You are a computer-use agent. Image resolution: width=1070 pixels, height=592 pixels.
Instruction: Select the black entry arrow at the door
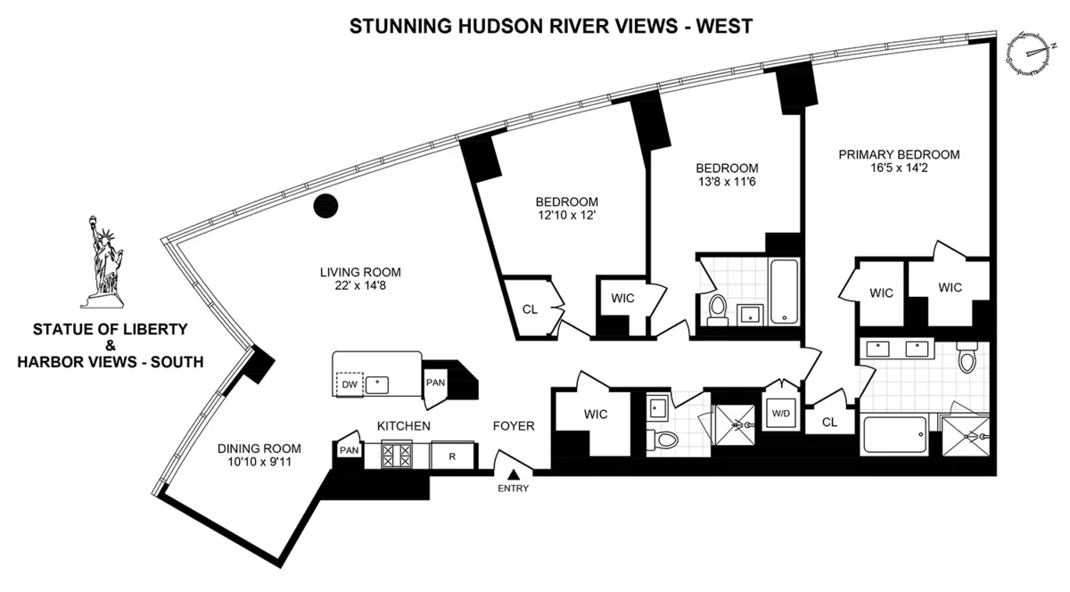coord(514,473)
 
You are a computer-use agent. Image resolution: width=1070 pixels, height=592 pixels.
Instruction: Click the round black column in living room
coord(327,206)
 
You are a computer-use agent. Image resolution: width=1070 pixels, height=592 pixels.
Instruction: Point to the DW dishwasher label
coord(351,384)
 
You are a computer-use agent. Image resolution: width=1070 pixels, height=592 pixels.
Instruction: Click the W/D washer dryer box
coord(780,412)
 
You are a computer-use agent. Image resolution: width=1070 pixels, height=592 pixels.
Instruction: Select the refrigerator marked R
coord(453,456)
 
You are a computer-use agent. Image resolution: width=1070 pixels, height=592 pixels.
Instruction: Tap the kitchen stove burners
coord(395,456)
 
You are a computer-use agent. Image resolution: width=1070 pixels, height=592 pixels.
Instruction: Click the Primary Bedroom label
coord(899,154)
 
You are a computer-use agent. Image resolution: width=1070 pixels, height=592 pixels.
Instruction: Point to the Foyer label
coord(514,426)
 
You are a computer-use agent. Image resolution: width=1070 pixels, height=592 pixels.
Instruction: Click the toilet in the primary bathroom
coord(966,358)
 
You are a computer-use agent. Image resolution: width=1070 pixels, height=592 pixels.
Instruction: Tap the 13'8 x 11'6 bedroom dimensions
coord(727,182)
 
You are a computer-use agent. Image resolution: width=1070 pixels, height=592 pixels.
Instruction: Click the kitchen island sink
coord(379,384)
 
